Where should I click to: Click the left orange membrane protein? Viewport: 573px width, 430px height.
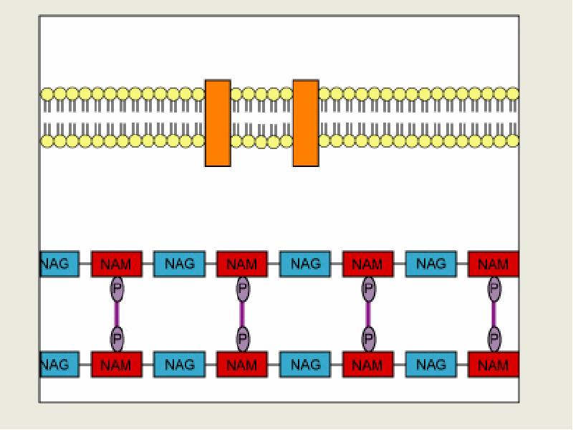pos(218,123)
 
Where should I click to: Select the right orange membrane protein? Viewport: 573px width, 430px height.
pos(306,123)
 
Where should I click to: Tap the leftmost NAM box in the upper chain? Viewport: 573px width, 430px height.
pos(116,264)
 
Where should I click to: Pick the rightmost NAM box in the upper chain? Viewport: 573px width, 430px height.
pos(493,264)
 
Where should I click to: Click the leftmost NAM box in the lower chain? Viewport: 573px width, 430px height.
pos(116,365)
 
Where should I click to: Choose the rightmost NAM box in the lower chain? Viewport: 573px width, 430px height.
pos(493,365)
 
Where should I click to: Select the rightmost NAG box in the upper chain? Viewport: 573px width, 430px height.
pos(431,264)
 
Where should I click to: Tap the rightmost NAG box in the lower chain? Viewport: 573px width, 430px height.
pos(431,365)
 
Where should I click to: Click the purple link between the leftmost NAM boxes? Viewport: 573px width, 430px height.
pos(117,314)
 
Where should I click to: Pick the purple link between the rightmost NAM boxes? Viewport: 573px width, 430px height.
pos(493,314)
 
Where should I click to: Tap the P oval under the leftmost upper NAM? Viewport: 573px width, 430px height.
pos(117,289)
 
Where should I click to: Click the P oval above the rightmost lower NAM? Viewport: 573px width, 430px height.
pos(493,338)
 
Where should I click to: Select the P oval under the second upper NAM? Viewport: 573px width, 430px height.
pos(243,289)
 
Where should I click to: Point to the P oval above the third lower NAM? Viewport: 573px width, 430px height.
pos(368,338)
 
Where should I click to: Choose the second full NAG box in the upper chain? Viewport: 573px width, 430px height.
pos(305,264)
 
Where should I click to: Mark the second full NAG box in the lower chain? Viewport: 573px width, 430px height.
pos(305,365)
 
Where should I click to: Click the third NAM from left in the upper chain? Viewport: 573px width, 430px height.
pos(368,264)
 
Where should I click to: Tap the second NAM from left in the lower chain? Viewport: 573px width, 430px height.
pos(242,365)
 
